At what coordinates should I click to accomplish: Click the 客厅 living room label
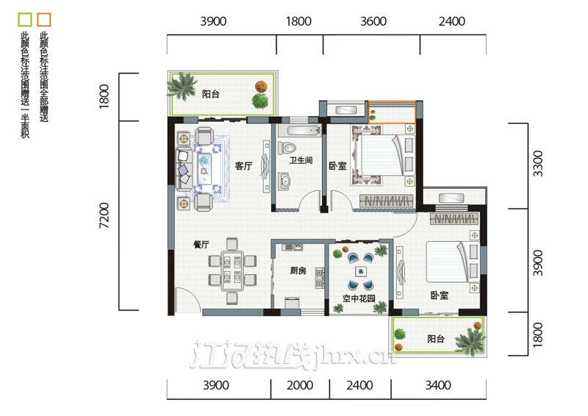click(243, 166)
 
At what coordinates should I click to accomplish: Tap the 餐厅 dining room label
click(201, 245)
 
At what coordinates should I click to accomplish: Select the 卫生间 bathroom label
click(301, 160)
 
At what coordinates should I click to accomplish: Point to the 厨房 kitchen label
click(298, 270)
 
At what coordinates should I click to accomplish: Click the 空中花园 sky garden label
click(359, 298)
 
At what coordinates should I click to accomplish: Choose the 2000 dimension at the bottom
click(300, 385)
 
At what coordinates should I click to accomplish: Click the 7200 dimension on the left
click(104, 215)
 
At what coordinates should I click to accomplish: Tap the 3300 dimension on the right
click(537, 163)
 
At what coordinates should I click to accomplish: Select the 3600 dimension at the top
click(373, 21)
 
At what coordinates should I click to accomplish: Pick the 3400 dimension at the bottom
click(438, 385)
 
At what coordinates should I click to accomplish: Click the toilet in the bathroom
click(287, 148)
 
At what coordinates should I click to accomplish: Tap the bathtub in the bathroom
click(304, 131)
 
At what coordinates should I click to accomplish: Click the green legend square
click(25, 20)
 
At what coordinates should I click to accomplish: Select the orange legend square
click(44, 20)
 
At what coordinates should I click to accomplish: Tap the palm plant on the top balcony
click(182, 86)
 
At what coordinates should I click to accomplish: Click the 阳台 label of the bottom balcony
click(436, 339)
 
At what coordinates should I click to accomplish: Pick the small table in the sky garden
click(361, 271)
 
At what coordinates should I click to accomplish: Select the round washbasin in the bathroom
click(285, 182)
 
